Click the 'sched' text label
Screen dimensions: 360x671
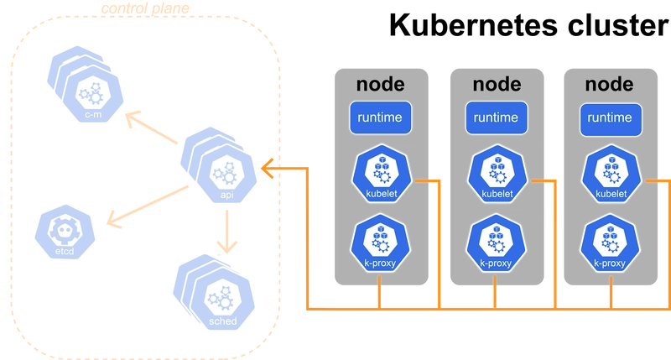click(x=222, y=321)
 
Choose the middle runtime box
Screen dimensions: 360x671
click(x=494, y=118)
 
